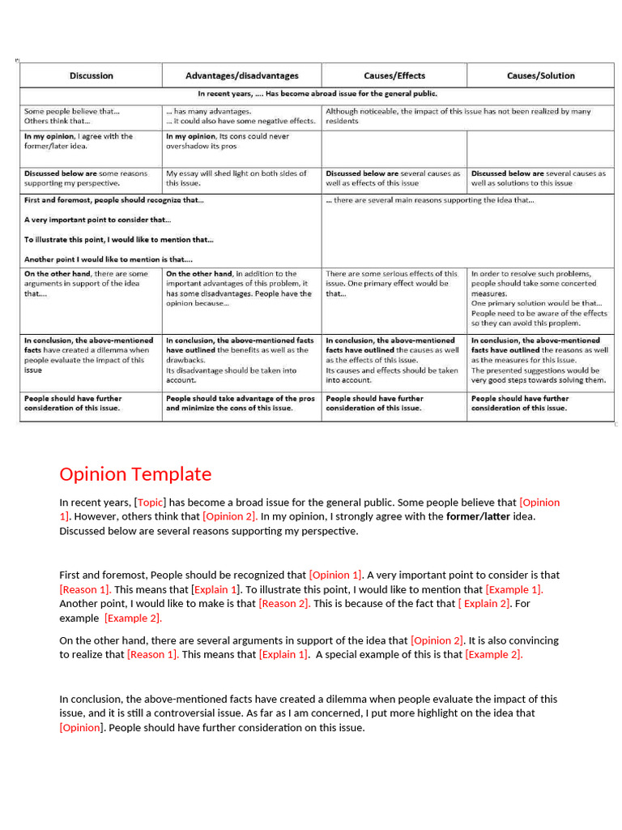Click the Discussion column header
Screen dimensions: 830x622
coord(91,75)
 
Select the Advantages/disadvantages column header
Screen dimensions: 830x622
coord(241,75)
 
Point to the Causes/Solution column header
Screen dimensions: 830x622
coord(540,75)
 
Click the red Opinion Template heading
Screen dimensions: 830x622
coord(135,474)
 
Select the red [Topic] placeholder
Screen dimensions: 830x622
coord(150,503)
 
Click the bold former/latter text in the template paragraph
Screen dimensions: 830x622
coord(478,516)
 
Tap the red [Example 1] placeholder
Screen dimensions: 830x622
coord(514,589)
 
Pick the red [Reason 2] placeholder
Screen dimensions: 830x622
coord(284,604)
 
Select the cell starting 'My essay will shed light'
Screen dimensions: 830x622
coord(236,178)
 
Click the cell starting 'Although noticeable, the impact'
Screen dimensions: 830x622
coord(458,116)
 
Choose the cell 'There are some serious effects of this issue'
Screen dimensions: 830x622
coord(392,284)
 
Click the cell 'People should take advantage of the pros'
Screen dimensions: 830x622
coord(241,404)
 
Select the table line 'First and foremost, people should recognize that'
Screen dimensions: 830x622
coord(114,199)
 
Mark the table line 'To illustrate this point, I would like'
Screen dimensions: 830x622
coord(118,240)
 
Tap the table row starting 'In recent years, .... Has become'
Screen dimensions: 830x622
coord(312,93)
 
